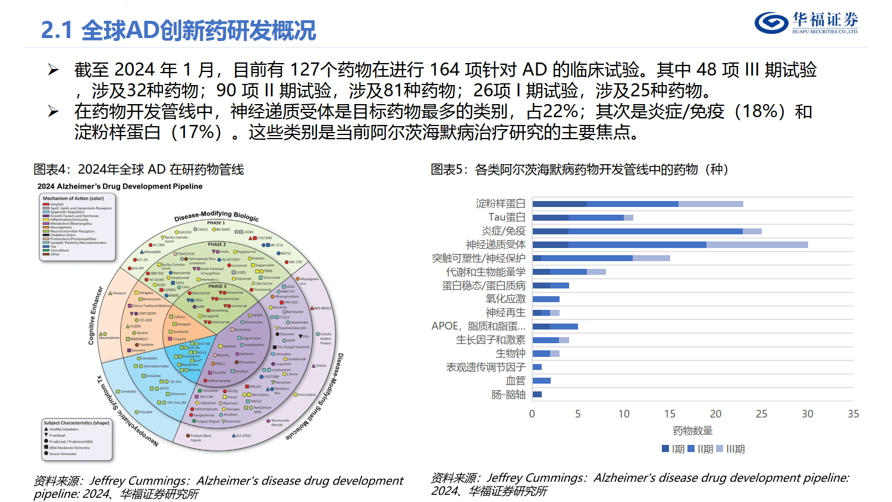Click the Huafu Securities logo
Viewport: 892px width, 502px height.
tap(806, 23)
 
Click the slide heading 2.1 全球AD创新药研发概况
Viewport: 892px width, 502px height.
tap(178, 30)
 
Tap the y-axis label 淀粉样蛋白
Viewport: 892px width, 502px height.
tap(500, 204)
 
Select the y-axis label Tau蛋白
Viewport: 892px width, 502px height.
tap(507, 218)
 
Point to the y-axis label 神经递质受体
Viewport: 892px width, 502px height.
tap(495, 244)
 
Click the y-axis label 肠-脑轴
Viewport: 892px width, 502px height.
tap(508, 394)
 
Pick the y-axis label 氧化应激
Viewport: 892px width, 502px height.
tap(505, 299)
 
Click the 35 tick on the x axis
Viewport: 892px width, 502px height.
tap(853, 414)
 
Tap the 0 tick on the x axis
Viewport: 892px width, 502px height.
tap(532, 414)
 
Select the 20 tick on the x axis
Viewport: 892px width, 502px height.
tap(715, 414)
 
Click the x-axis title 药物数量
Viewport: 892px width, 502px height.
tap(692, 431)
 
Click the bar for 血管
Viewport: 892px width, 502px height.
tap(542, 381)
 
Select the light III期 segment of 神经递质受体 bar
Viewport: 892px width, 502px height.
tap(757, 244)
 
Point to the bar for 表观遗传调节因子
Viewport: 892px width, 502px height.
tap(537, 367)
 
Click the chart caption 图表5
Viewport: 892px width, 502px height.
tap(579, 170)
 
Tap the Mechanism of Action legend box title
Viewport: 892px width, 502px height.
tap(73, 199)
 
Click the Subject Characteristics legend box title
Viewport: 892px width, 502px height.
tap(76, 423)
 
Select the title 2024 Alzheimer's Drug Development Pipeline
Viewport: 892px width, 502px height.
tap(120, 186)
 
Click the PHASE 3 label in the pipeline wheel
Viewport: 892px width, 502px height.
tap(216, 286)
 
